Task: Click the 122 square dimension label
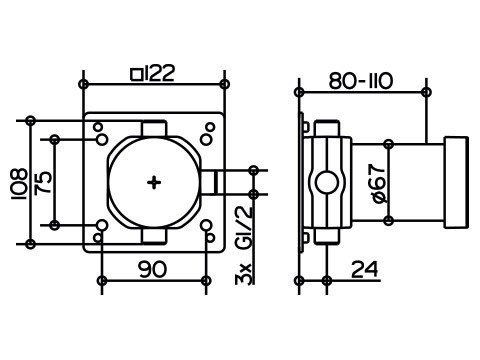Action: tap(153, 73)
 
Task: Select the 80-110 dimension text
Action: tap(361, 81)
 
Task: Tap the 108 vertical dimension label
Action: tap(20, 184)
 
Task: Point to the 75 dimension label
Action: tap(44, 182)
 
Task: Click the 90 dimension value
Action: tap(152, 269)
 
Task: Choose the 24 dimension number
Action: tap(365, 269)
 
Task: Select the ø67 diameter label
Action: tap(379, 183)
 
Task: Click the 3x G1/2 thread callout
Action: tap(244, 245)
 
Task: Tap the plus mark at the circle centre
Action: tap(154, 182)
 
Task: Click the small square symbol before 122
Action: tap(135, 74)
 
